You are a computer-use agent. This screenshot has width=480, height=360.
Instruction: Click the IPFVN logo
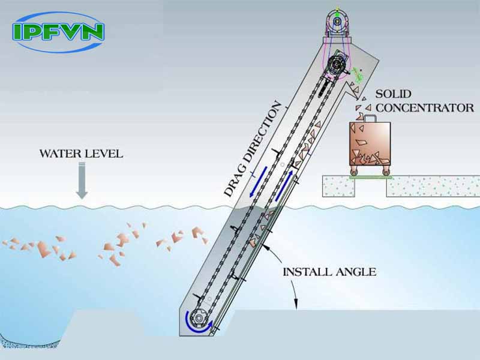[58, 32]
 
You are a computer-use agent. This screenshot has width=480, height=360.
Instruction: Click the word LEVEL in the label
[103, 154]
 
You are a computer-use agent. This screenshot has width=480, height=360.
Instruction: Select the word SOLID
[394, 94]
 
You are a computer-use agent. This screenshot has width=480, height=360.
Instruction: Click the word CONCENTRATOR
[425, 108]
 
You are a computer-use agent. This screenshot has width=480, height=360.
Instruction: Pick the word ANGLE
[356, 272]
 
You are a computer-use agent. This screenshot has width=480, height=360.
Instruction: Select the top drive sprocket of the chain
[338, 62]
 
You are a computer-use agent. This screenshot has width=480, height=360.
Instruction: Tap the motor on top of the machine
[338, 21]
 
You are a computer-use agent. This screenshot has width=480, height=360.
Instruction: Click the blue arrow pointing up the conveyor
[286, 185]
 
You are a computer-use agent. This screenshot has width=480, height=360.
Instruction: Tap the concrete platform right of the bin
[432, 186]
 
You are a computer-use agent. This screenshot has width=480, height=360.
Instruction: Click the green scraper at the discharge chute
[359, 75]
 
